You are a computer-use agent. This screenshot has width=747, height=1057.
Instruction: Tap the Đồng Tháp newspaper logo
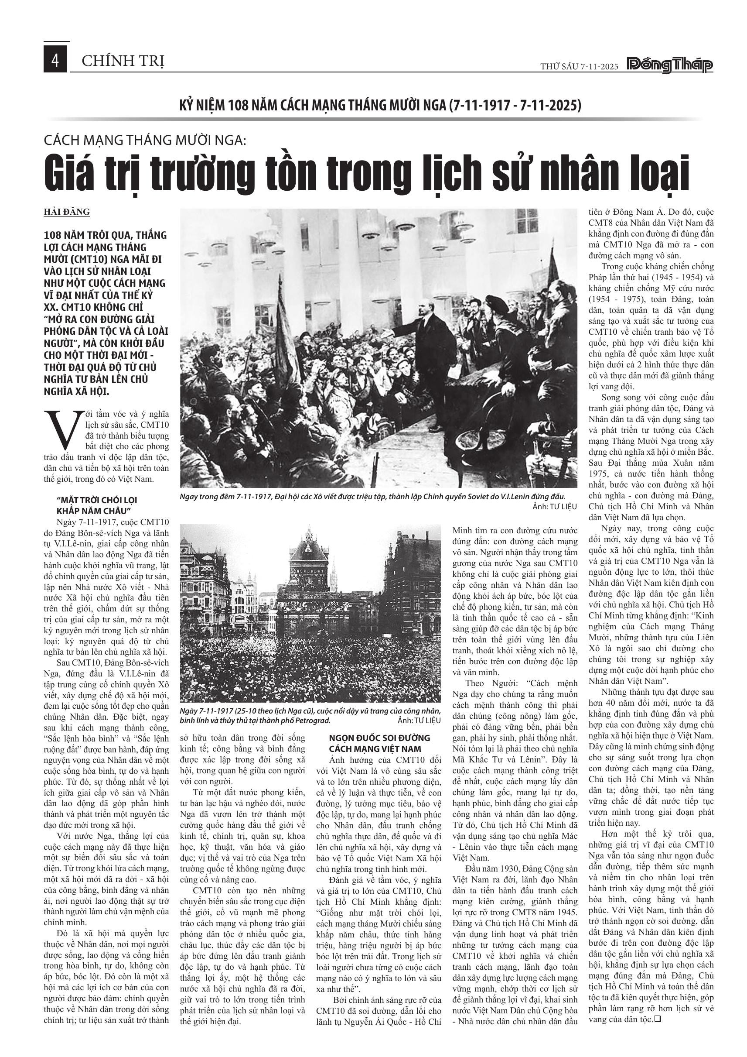click(670, 65)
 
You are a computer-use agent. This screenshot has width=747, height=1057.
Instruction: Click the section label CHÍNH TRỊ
click(123, 61)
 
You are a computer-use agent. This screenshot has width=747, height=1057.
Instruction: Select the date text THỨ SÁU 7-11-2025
click(579, 67)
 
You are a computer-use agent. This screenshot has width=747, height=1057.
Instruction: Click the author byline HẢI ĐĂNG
click(67, 212)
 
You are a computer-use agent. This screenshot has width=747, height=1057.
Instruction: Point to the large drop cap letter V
click(61, 429)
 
